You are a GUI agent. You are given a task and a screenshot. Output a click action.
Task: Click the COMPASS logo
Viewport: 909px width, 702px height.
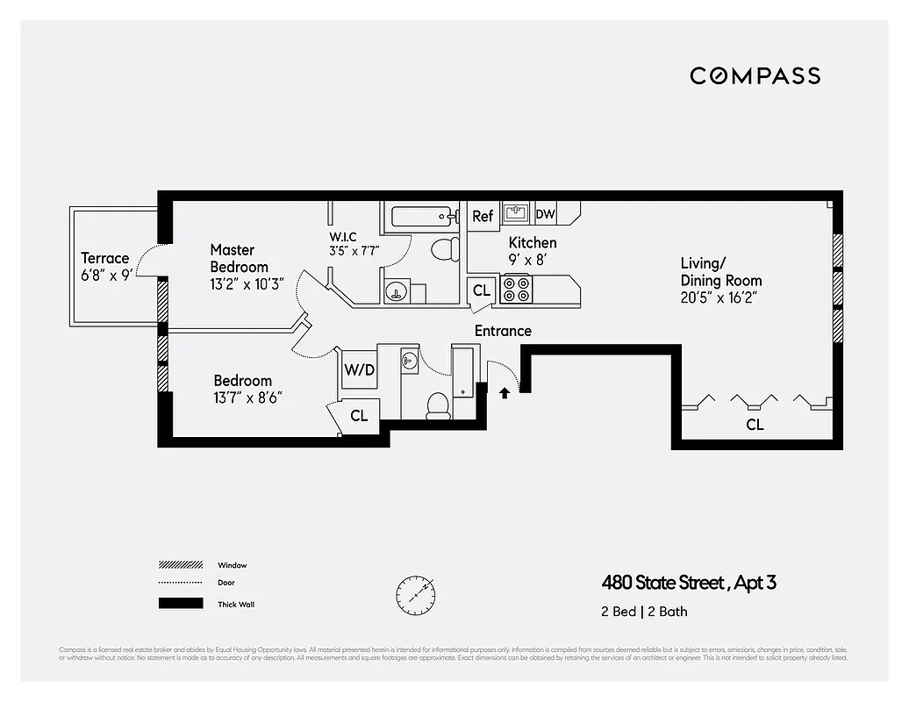click(755, 75)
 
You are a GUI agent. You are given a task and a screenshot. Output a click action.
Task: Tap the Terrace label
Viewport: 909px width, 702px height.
click(105, 258)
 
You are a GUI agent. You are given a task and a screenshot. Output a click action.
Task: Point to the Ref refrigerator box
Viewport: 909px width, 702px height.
click(483, 216)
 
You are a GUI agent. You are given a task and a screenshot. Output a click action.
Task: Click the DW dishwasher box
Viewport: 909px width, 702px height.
click(545, 214)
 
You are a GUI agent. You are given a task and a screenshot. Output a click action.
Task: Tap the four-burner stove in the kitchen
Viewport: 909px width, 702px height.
click(515, 290)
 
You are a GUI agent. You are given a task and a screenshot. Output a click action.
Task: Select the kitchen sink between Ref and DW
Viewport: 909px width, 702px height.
click(514, 213)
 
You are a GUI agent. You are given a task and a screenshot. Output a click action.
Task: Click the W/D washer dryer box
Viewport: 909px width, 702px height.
click(359, 370)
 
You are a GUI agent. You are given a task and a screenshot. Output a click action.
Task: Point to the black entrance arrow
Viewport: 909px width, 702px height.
click(505, 393)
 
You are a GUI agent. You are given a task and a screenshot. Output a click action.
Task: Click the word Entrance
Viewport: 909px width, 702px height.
click(503, 331)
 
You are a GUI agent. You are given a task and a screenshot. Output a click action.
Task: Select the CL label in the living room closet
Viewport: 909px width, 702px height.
click(755, 425)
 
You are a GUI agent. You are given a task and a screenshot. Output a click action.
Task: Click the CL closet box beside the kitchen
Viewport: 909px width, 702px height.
click(482, 290)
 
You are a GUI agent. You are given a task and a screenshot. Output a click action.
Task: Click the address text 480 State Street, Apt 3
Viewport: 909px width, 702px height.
click(689, 583)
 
